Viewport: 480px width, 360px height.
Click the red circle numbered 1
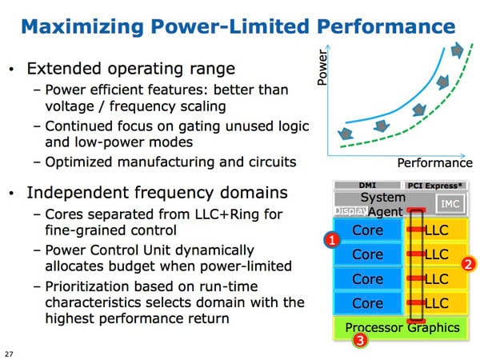(332, 240)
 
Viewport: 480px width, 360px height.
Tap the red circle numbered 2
(468, 264)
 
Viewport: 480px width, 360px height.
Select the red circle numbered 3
(360, 340)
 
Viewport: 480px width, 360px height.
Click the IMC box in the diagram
(450, 203)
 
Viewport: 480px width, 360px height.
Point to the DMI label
(367, 186)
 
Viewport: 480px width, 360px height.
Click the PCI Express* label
(434, 186)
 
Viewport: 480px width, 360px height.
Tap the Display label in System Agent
(351, 210)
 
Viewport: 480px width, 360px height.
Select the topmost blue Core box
(367, 230)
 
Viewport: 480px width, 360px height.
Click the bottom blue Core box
(367, 303)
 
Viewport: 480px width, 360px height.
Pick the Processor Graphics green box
(401, 328)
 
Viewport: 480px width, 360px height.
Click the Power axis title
(322, 67)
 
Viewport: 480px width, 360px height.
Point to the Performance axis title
(434, 162)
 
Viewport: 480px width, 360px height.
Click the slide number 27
(9, 354)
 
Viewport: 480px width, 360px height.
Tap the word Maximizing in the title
(82, 27)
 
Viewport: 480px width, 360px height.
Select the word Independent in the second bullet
(78, 193)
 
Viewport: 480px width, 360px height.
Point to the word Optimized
(78, 162)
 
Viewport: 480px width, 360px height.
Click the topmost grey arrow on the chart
(457, 50)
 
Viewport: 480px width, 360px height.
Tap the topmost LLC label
(437, 230)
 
